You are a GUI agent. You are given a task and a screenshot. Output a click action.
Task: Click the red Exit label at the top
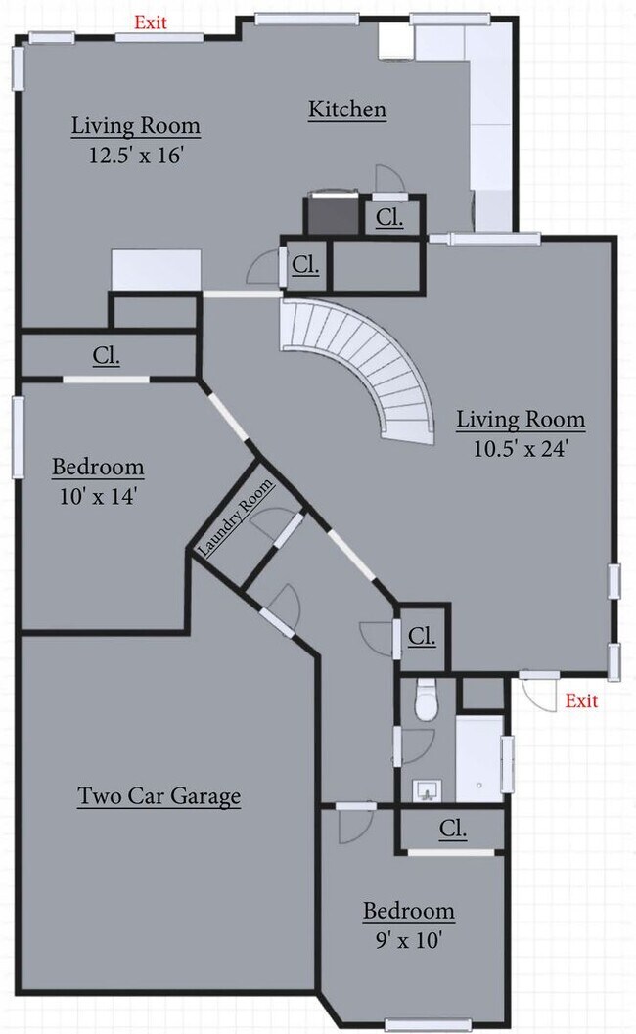[x=150, y=22]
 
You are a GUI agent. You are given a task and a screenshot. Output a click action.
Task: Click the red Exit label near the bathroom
[x=581, y=700]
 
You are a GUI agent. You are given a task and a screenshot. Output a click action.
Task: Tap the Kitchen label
[x=347, y=110]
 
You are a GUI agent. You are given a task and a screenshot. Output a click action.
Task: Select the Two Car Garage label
[x=159, y=796]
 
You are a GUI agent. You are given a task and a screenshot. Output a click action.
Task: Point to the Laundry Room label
[x=236, y=518]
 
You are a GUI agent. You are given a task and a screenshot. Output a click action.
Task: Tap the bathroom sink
[x=426, y=787]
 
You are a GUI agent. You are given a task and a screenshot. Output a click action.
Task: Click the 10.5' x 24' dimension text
[x=521, y=449]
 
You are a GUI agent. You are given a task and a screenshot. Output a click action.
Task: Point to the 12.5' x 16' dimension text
[x=136, y=156]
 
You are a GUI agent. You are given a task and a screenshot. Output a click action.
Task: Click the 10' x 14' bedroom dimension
[x=97, y=496]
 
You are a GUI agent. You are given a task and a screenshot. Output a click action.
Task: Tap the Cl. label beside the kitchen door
[x=389, y=217]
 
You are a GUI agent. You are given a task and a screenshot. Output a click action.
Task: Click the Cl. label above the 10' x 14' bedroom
[x=107, y=356]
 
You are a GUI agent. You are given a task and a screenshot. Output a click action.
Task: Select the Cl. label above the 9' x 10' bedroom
[x=452, y=830]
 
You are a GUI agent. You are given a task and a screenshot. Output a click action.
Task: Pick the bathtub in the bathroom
[x=479, y=757]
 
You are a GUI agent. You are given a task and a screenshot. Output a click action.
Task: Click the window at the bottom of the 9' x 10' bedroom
[x=421, y=1024]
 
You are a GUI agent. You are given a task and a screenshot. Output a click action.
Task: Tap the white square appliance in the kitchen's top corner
[x=396, y=42]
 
